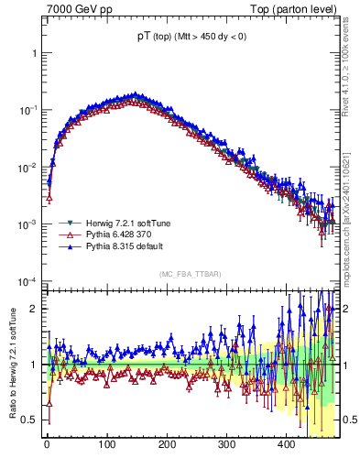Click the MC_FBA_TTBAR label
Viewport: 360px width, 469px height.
pos(189,274)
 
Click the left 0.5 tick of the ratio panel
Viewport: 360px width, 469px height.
pos(29,420)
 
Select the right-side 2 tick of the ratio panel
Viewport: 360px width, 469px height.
pos(345,309)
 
